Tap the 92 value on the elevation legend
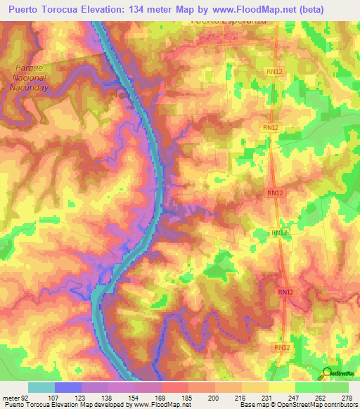tap(27, 397)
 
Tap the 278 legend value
tap(345, 397)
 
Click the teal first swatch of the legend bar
tap(41, 387)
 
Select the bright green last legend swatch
tap(335, 387)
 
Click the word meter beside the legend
tap(12, 397)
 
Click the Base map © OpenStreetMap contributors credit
tap(298, 405)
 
